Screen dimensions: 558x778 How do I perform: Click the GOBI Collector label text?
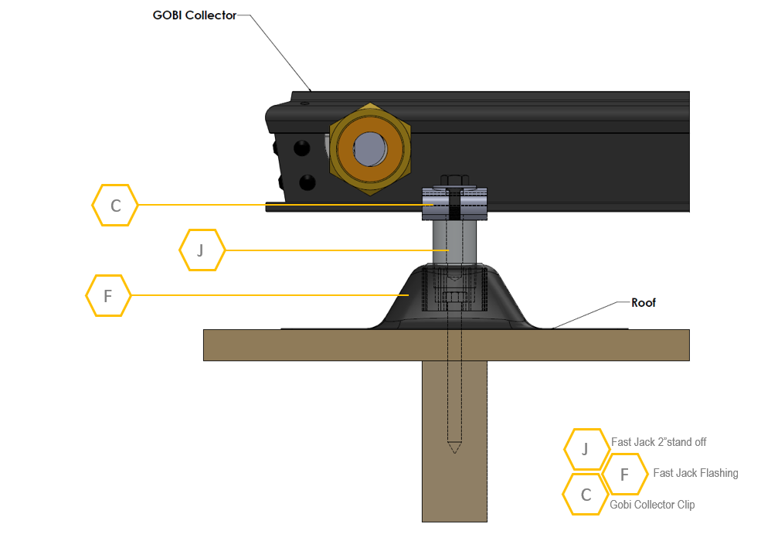pyautogui.click(x=194, y=15)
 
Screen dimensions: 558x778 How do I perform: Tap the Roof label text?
pyautogui.click(x=643, y=303)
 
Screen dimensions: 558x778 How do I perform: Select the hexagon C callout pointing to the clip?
pyautogui.click(x=115, y=206)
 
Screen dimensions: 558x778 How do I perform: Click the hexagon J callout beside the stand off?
pyautogui.click(x=202, y=250)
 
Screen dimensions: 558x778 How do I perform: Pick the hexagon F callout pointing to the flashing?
pyautogui.click(x=108, y=295)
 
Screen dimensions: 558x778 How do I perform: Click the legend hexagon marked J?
pyautogui.click(x=586, y=449)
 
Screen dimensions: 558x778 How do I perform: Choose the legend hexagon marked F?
pyautogui.click(x=624, y=474)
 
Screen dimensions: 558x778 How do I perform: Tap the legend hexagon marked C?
pyautogui.click(x=586, y=495)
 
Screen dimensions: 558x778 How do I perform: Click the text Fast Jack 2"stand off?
pyautogui.click(x=658, y=442)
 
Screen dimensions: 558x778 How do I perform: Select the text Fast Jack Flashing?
pyautogui.click(x=695, y=473)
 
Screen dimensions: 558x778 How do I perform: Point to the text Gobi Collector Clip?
pyautogui.click(x=652, y=505)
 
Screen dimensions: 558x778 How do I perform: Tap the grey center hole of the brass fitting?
pyautogui.click(x=372, y=147)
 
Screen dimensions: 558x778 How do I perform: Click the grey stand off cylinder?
pyautogui.click(x=454, y=243)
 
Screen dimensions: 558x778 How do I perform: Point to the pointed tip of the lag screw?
pyautogui.click(x=454, y=447)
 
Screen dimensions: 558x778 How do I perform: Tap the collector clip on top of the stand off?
pyautogui.click(x=454, y=204)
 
